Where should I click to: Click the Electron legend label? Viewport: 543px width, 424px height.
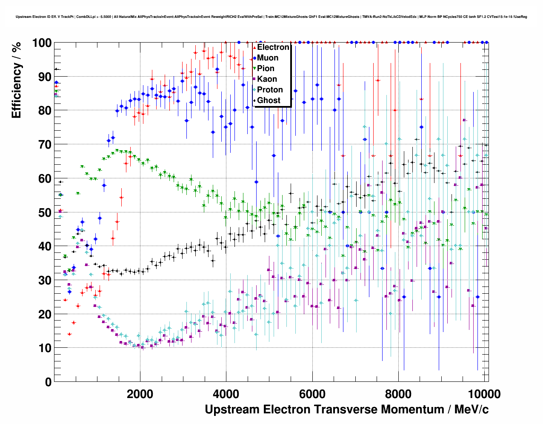[273, 47]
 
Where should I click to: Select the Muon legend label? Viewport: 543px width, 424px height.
[268, 58]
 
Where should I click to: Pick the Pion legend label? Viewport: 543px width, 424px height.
[266, 69]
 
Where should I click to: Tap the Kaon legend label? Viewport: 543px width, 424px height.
[267, 79]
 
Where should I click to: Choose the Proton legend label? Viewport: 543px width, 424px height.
[270, 90]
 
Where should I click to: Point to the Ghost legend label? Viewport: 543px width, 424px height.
[269, 100]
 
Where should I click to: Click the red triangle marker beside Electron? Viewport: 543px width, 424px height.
[254, 47]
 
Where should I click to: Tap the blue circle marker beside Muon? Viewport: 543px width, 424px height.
[254, 58]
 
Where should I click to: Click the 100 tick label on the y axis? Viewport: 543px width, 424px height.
[42, 43]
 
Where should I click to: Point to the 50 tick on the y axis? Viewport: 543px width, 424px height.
[45, 212]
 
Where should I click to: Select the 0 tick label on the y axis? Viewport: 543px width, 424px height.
[49, 382]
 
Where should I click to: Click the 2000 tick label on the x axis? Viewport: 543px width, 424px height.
[140, 394]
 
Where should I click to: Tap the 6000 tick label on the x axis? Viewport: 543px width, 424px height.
[312, 394]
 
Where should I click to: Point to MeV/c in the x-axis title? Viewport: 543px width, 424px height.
[472, 410]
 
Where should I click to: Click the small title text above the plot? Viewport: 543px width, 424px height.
[271, 17]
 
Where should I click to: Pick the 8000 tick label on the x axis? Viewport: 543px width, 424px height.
[398, 394]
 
